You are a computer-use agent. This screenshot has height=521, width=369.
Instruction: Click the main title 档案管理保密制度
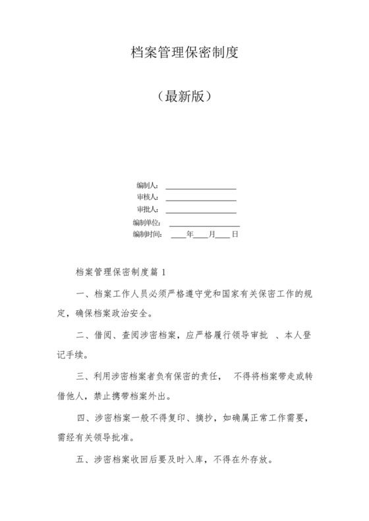[184, 53]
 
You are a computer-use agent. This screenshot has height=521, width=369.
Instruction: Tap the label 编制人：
[148, 186]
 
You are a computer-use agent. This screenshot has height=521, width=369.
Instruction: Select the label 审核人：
[148, 197]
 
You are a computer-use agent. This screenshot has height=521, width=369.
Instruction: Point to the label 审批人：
[148, 209]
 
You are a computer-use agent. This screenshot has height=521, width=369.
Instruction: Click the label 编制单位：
[146, 222]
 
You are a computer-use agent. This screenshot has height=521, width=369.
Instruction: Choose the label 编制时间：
[146, 234]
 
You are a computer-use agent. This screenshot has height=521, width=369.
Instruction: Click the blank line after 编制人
[200, 188]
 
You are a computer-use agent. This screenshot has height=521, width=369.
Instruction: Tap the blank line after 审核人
[200, 200]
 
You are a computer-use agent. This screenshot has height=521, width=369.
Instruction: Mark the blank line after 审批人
[200, 212]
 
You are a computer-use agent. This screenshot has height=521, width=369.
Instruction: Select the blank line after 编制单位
[204, 225]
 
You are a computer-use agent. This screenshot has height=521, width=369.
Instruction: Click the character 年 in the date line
[190, 234]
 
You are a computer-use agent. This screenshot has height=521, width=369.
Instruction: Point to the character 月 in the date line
[212, 234]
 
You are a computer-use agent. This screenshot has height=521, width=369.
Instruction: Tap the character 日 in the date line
[235, 234]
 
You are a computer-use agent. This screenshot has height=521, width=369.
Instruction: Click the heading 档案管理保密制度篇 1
[123, 271]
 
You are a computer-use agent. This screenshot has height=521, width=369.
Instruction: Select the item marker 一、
[84, 293]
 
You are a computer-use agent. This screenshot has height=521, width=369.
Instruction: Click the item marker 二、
[84, 335]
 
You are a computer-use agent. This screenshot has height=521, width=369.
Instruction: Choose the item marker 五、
[84, 460]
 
